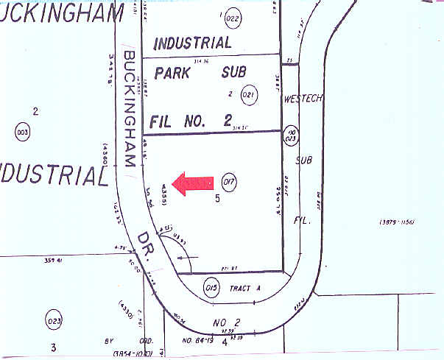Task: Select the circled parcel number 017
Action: coord(228,182)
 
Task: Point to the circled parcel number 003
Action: coord(22,133)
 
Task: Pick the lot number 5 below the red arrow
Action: coord(217,198)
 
